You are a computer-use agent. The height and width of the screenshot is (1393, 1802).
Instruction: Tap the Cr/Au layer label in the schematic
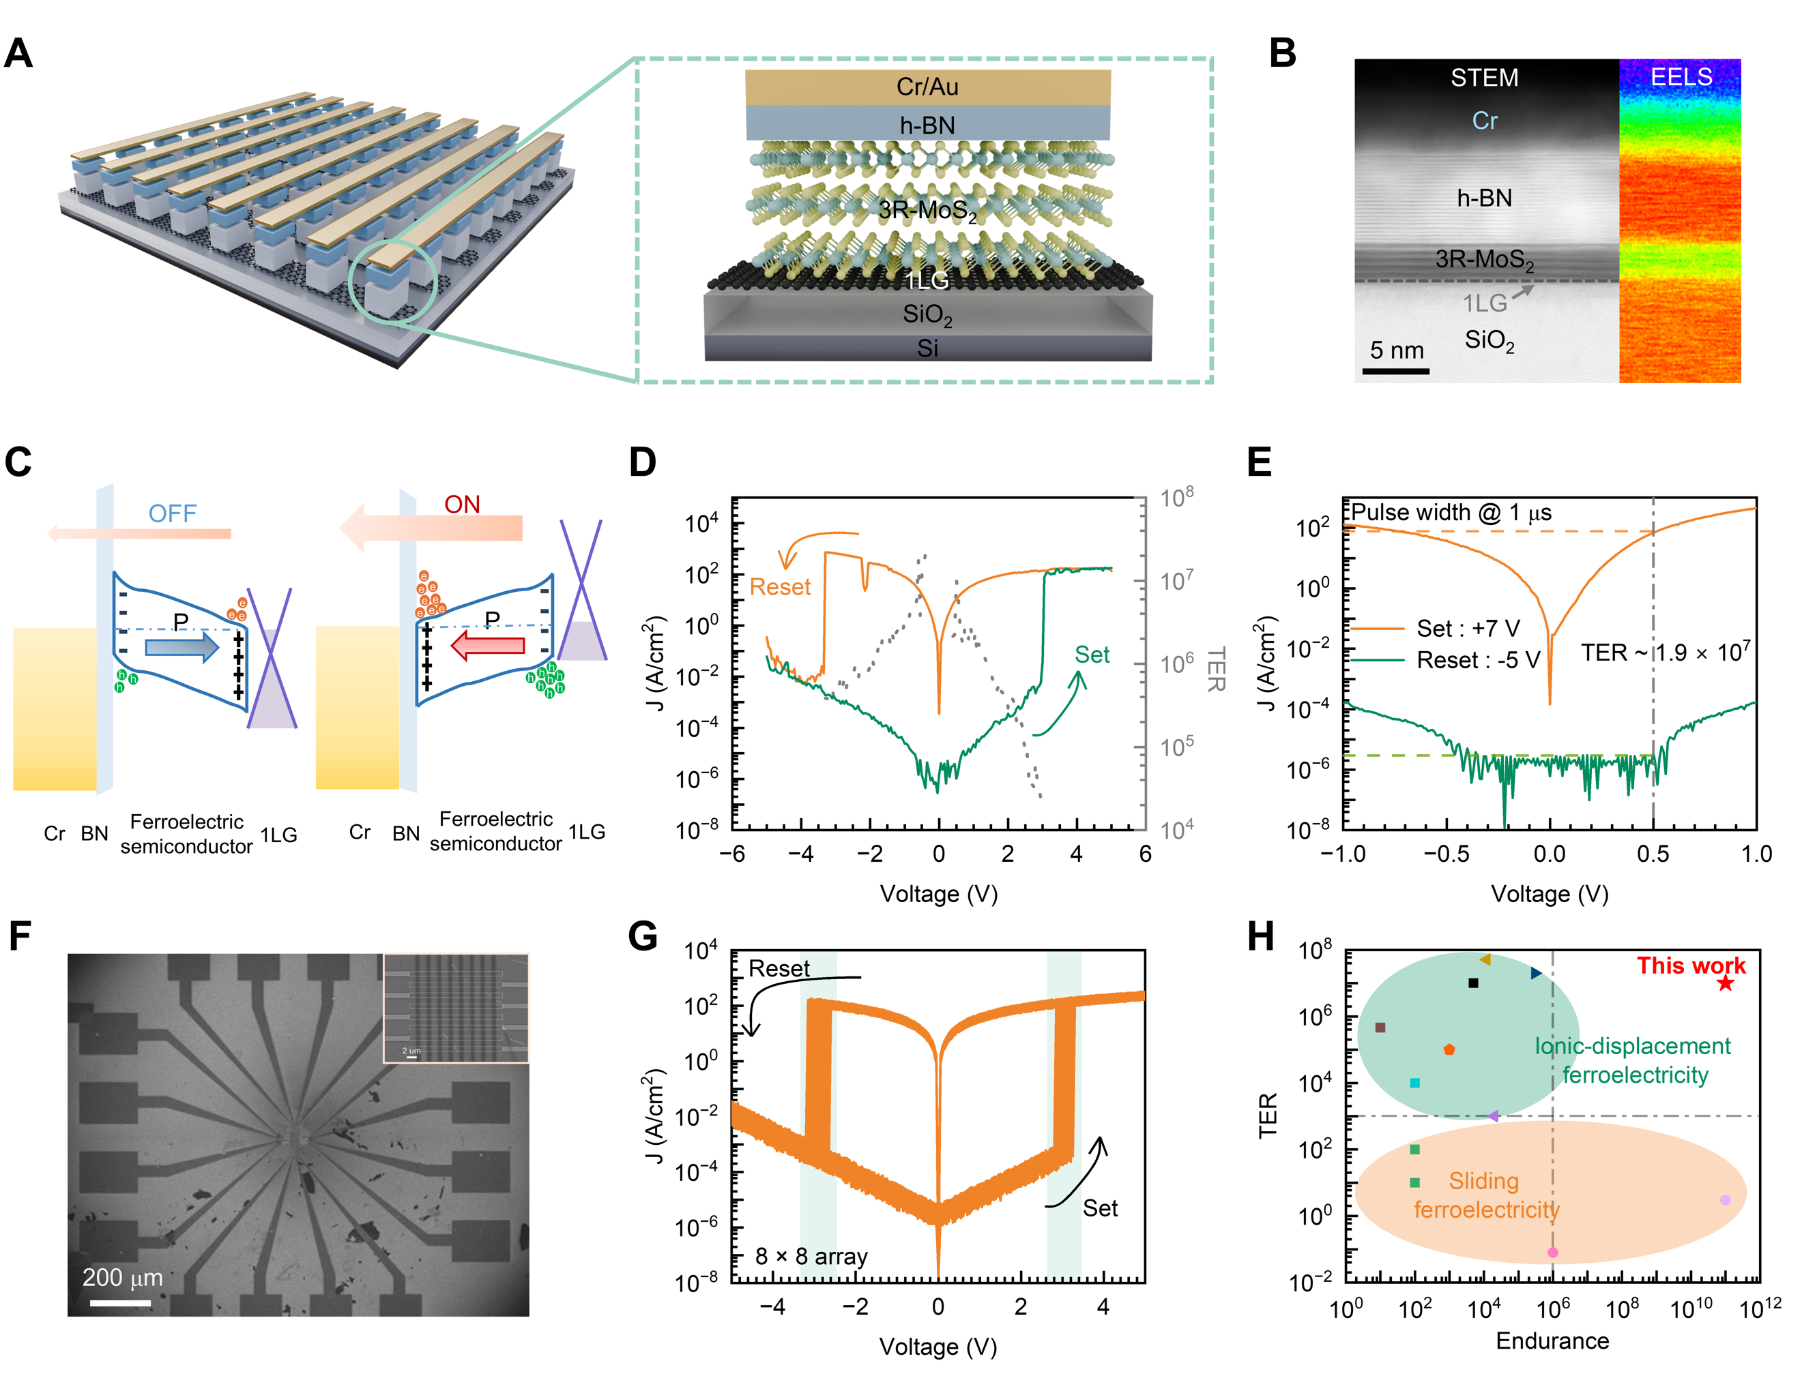(927, 87)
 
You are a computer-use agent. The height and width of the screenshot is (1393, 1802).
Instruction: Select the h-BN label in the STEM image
(1484, 198)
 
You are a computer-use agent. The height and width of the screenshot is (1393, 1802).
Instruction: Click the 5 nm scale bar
(1396, 371)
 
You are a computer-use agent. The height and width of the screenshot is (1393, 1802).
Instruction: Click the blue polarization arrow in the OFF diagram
(181, 646)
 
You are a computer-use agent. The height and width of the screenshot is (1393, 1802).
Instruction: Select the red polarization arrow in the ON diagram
(488, 645)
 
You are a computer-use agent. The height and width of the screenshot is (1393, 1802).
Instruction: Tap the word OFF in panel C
(173, 514)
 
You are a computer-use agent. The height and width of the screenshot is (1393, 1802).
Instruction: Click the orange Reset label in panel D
(780, 587)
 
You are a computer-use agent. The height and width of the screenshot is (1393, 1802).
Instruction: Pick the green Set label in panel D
(1092, 655)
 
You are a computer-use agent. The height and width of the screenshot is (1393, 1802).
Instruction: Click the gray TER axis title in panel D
(1216, 669)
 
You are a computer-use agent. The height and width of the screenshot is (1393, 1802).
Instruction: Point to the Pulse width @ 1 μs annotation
(1451, 513)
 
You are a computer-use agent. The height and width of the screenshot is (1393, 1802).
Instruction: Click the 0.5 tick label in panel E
(1653, 854)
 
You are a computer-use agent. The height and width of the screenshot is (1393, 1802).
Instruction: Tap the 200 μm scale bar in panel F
(121, 1303)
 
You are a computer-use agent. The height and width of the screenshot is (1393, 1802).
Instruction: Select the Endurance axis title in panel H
(1552, 1340)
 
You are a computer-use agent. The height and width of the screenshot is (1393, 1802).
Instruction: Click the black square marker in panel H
(1474, 983)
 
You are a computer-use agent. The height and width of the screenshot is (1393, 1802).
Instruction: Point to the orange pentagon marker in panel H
(1449, 1049)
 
